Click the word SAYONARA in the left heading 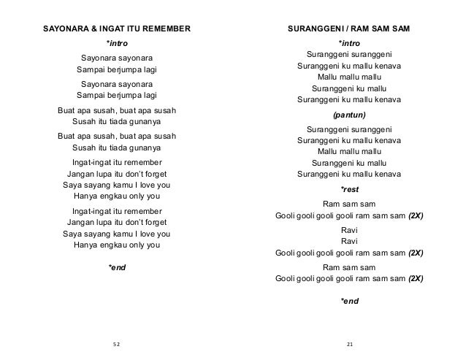coord(65,29)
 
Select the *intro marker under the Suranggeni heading coord(349,44)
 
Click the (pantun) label coord(349,115)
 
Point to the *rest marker coord(349,190)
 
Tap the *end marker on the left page coord(117,268)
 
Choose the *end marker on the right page coord(349,300)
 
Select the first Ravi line coord(349,229)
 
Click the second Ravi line coord(349,240)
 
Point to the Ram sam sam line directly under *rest coord(349,204)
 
